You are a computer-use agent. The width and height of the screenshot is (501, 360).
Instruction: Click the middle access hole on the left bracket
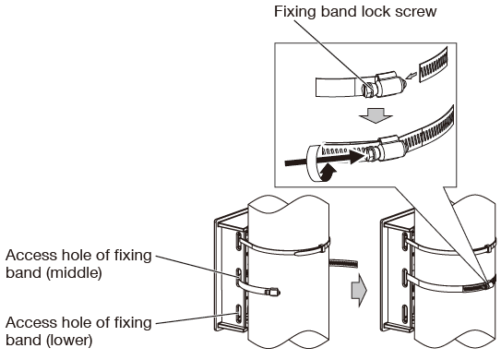(240, 277)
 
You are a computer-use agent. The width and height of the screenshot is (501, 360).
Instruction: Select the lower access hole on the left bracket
(240, 315)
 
